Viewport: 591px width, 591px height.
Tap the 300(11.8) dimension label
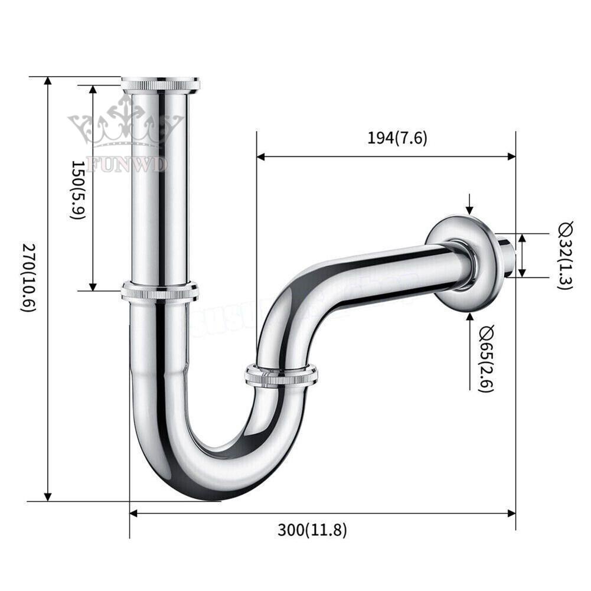[x=312, y=530]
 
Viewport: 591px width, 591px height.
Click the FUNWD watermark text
[x=126, y=164]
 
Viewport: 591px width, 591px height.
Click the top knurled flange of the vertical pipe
[x=161, y=84]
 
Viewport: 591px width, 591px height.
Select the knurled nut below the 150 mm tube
[x=160, y=291]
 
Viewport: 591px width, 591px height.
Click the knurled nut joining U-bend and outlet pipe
[x=281, y=376]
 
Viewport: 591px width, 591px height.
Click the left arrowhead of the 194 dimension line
[x=261, y=156]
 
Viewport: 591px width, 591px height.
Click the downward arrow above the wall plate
[x=469, y=209]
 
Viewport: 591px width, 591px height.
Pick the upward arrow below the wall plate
[x=469, y=317]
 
